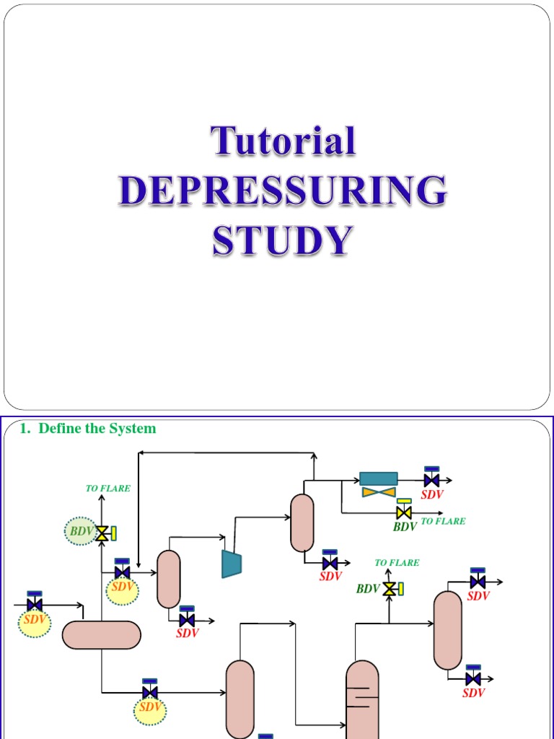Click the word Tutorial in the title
click(x=283, y=141)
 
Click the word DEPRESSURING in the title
click(x=282, y=191)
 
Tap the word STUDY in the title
click(x=283, y=241)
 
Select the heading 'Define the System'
click(x=97, y=429)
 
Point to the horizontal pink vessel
click(x=101, y=635)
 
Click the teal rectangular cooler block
click(x=379, y=478)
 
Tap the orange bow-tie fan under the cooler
click(x=379, y=492)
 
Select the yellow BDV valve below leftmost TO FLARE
click(x=102, y=533)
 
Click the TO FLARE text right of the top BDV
click(x=443, y=521)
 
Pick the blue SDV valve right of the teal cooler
click(x=431, y=480)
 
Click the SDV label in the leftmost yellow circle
click(x=35, y=620)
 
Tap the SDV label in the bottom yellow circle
click(x=150, y=707)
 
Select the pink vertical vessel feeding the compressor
click(x=169, y=579)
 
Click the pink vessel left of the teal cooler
click(x=302, y=522)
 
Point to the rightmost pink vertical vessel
click(x=448, y=630)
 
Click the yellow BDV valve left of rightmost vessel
click(x=390, y=589)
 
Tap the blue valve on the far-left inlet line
click(x=34, y=604)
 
